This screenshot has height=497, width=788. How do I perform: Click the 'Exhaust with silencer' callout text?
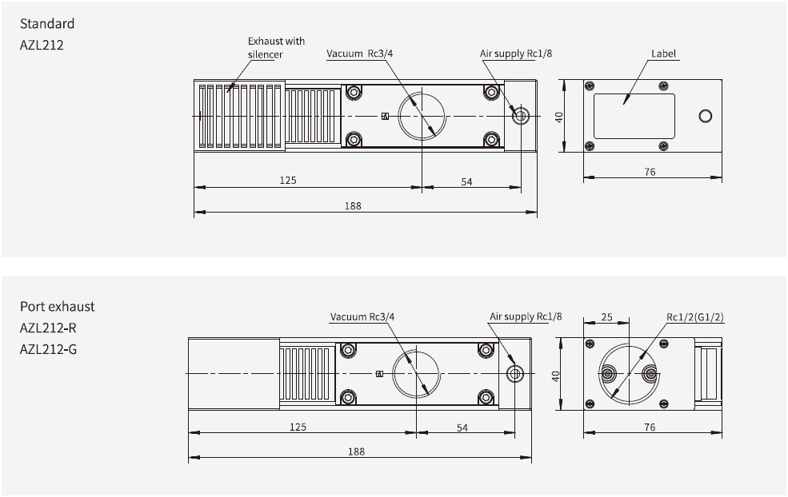point(276,47)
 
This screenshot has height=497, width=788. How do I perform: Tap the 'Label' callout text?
point(664,54)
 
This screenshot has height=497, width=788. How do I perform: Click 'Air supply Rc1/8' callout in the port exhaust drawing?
point(526,316)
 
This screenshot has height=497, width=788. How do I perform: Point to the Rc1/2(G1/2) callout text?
point(695,316)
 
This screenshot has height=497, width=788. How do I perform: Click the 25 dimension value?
point(606,317)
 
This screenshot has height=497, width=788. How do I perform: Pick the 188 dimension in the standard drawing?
point(353,205)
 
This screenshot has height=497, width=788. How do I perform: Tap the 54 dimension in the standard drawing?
point(467,181)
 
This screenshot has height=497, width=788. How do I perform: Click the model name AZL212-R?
point(48,328)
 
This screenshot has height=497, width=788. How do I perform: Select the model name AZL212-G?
point(48,348)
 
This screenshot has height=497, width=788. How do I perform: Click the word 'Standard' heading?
point(46,24)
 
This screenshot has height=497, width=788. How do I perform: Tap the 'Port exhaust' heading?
point(57,307)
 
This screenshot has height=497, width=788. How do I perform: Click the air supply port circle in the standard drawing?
point(521,116)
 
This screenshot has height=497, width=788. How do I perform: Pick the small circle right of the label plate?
point(705,117)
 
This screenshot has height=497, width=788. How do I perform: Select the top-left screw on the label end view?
point(590,86)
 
